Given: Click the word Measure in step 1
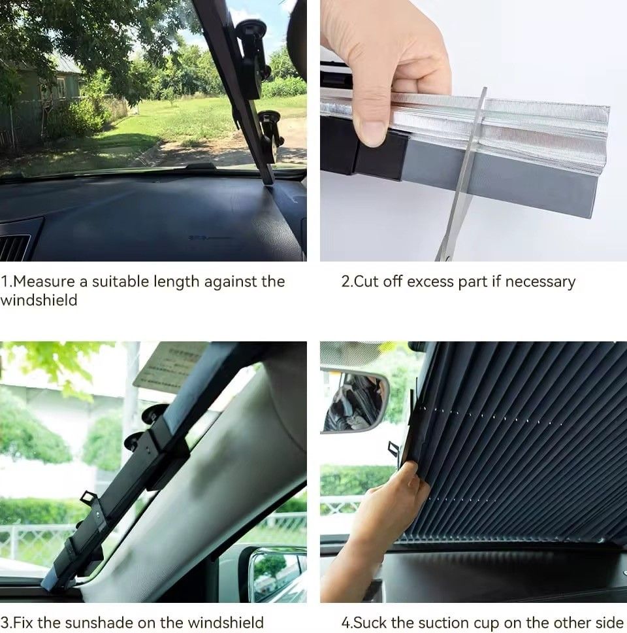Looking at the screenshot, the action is tap(44, 281).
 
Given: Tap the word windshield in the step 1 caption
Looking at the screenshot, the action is tap(39, 300).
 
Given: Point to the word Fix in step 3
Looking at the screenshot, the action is tap(24, 622).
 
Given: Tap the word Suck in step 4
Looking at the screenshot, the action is tap(370, 622).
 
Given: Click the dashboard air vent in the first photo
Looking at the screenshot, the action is tap(14, 247).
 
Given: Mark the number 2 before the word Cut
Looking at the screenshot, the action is tap(345, 281).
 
